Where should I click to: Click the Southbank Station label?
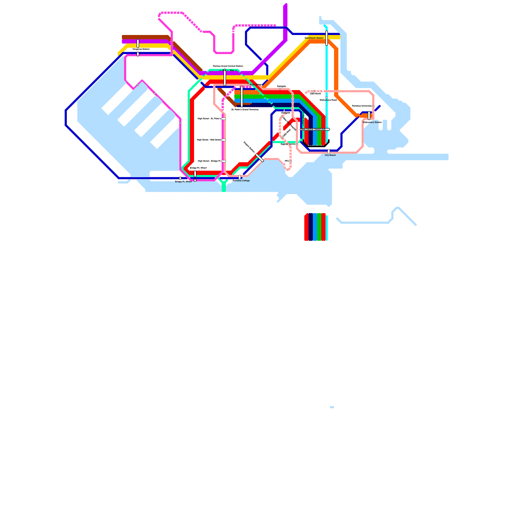[x=314, y=38]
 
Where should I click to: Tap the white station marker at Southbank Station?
[x=327, y=38]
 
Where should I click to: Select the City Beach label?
[x=330, y=155]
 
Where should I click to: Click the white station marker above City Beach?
[x=329, y=151]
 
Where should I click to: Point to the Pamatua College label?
[x=241, y=181]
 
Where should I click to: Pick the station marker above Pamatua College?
[x=240, y=177]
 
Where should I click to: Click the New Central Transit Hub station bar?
[x=315, y=129]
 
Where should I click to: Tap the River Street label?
[x=256, y=85]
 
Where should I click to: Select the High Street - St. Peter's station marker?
[x=224, y=119]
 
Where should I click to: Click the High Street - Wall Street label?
[x=209, y=140]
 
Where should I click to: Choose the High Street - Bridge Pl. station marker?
[x=224, y=161]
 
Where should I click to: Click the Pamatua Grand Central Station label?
[x=228, y=66]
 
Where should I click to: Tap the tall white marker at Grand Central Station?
[x=225, y=77]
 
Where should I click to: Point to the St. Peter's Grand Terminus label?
[x=245, y=109]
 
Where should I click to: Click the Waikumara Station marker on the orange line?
[x=369, y=115]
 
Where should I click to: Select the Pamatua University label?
[x=362, y=106]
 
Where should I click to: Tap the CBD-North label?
[x=315, y=94]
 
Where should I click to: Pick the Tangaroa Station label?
[x=141, y=49]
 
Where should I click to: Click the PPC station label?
[x=286, y=161]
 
